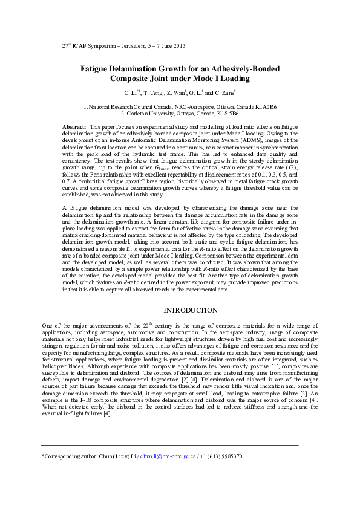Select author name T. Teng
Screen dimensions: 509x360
point(154,93)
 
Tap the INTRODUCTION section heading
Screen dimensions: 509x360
point(180,310)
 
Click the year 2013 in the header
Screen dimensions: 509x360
point(178,46)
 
